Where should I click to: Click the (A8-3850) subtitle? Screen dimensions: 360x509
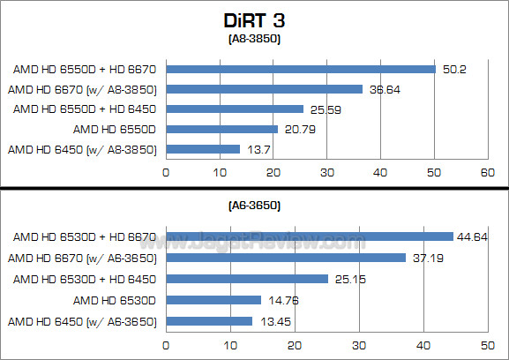(x=254, y=39)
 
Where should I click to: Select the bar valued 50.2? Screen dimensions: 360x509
(x=301, y=69)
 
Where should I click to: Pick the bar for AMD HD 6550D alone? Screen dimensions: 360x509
(x=221, y=129)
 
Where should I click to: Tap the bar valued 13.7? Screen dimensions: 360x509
(x=203, y=149)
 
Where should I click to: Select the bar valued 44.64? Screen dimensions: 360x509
(x=310, y=236)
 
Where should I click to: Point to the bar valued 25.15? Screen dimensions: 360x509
(x=247, y=279)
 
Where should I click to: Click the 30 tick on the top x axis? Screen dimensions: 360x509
(x=326, y=173)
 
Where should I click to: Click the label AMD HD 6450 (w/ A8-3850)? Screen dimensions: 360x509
(x=81, y=149)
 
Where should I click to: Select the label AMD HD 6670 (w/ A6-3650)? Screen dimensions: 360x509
(x=81, y=258)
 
